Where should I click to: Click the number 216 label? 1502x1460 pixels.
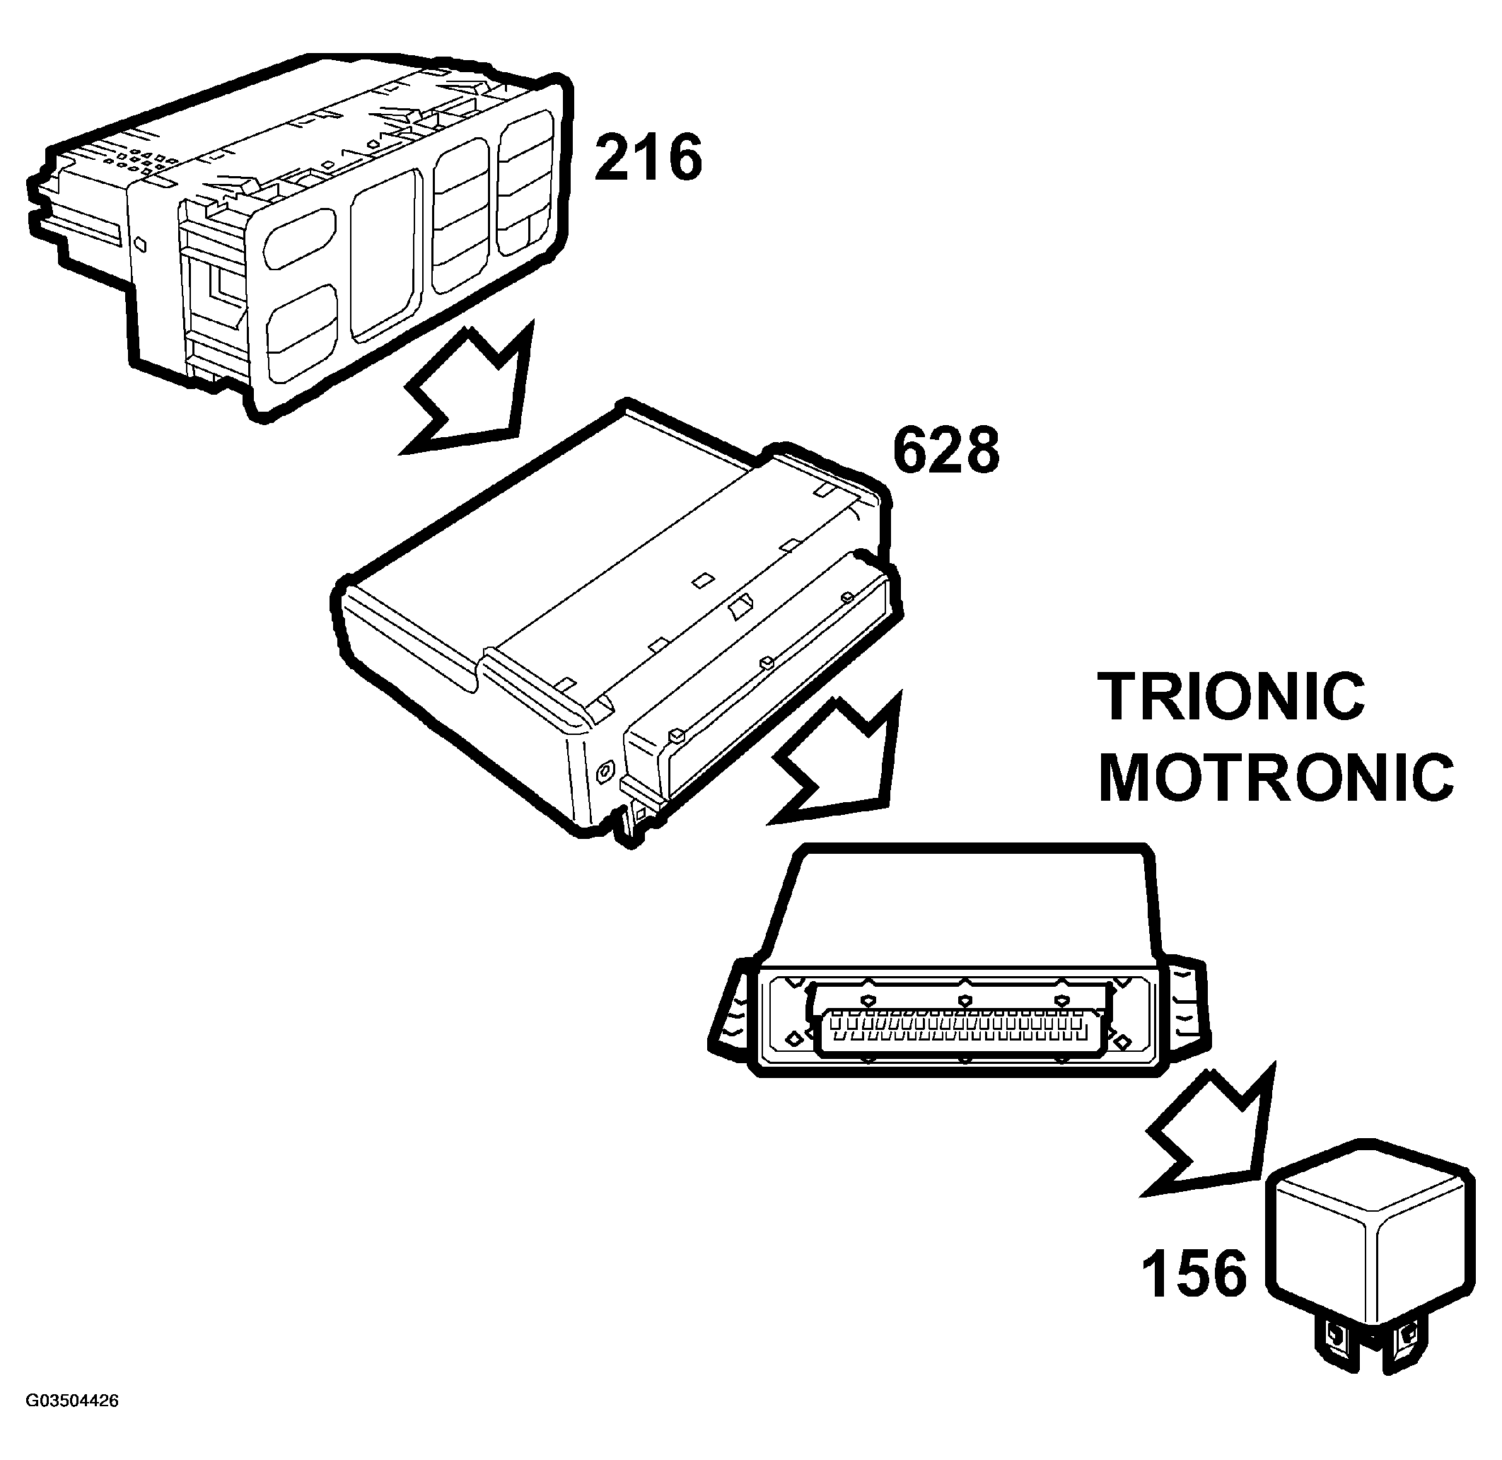pyautogui.click(x=648, y=157)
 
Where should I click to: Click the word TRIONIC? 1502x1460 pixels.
pyautogui.click(x=1231, y=696)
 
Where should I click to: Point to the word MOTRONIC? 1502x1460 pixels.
pyautogui.click(x=1276, y=777)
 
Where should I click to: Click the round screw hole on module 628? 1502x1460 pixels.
pyautogui.click(x=605, y=768)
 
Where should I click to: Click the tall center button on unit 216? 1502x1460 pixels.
pyautogui.click(x=386, y=254)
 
